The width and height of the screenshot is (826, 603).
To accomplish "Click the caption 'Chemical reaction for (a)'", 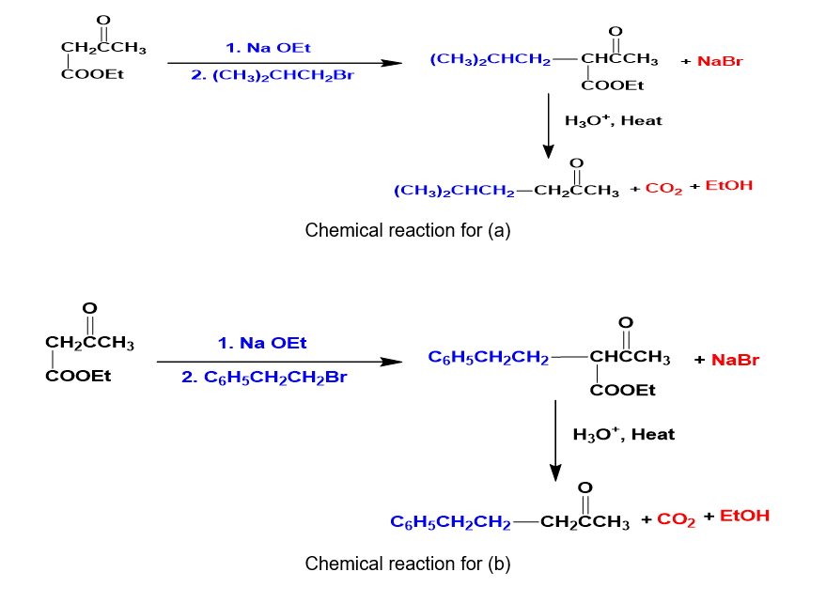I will tap(407, 230).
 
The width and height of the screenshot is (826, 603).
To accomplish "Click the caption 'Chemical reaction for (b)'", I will tap(407, 564).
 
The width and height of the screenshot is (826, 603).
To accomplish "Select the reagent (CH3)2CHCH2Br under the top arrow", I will tap(273, 75).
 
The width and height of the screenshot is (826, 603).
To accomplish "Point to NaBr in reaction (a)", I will tap(722, 62).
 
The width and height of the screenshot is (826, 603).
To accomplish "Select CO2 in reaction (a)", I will tap(663, 189).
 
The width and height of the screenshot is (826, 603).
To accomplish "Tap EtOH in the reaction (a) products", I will tap(728, 186).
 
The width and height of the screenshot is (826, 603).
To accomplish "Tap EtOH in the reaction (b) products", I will tap(744, 516).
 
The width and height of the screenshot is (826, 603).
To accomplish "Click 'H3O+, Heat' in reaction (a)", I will tap(613, 121).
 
